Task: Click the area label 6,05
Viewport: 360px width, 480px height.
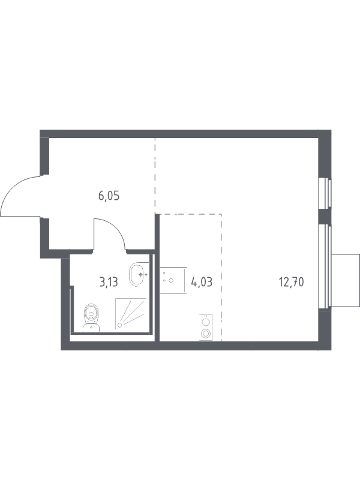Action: pyautogui.click(x=109, y=196)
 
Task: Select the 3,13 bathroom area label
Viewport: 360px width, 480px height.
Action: pyautogui.click(x=109, y=282)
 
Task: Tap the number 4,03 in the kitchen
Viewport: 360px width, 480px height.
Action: pyautogui.click(x=202, y=281)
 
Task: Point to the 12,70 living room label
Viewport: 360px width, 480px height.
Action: pyautogui.click(x=291, y=282)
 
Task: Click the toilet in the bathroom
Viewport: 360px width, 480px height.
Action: pyautogui.click(x=92, y=317)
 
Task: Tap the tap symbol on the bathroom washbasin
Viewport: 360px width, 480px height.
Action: pyautogui.click(x=143, y=274)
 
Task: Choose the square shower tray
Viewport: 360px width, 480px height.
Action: pyautogui.click(x=131, y=314)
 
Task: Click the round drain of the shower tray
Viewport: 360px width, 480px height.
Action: pyautogui.click(x=120, y=325)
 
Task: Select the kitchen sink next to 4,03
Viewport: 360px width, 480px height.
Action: pyautogui.click(x=173, y=280)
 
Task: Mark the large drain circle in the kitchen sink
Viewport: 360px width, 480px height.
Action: pyautogui.click(x=171, y=280)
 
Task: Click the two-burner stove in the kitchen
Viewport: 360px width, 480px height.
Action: pyautogui.click(x=205, y=327)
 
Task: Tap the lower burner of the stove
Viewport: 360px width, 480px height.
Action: pyautogui.click(x=205, y=333)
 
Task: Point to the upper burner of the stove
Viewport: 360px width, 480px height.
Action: pyautogui.click(x=206, y=322)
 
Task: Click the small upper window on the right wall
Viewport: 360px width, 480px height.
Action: pyautogui.click(x=325, y=194)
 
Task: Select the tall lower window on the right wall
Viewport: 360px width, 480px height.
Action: pyautogui.click(x=325, y=267)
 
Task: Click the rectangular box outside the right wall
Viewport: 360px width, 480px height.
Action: pyautogui.click(x=345, y=280)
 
